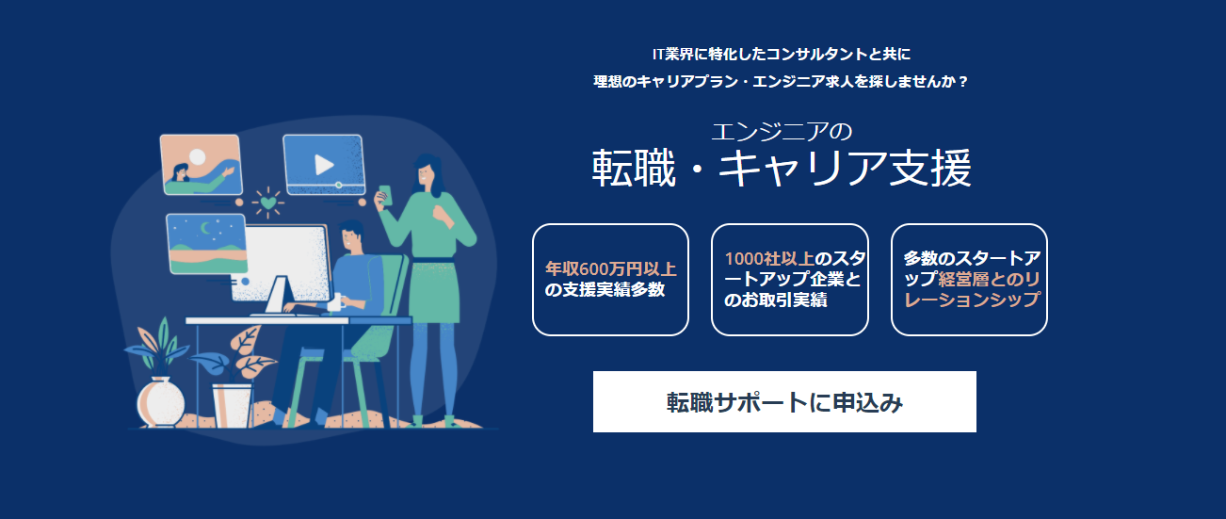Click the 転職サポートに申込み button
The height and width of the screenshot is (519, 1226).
[x=784, y=402]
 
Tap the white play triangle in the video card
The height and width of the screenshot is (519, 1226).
[x=324, y=165]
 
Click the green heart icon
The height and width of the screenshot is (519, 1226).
[x=269, y=203]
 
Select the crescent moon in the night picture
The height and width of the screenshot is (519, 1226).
[x=206, y=227]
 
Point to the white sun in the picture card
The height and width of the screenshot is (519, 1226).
[x=198, y=156]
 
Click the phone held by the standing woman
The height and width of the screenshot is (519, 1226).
[x=384, y=191]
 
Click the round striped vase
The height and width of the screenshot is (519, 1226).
[x=157, y=402]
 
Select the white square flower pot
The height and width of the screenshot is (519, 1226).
[x=232, y=404]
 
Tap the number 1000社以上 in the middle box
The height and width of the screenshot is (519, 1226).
[x=768, y=258]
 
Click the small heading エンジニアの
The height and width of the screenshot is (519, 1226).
[x=782, y=131]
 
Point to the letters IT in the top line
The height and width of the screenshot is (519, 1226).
[x=658, y=53]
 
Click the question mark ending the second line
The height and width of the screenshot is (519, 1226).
[x=962, y=82]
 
